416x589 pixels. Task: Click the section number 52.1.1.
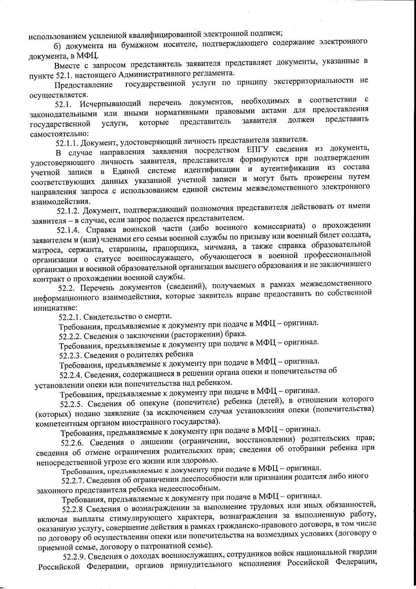(68, 143)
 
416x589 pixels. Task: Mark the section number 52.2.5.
(72, 404)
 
